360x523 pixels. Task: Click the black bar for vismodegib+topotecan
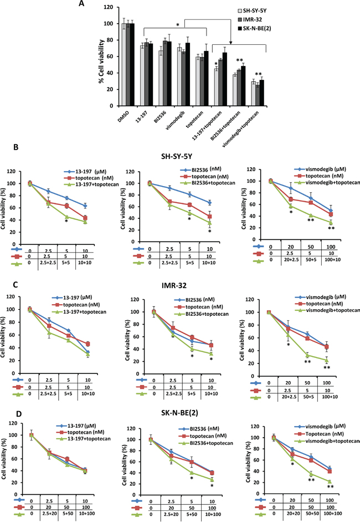pos(263,93)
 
